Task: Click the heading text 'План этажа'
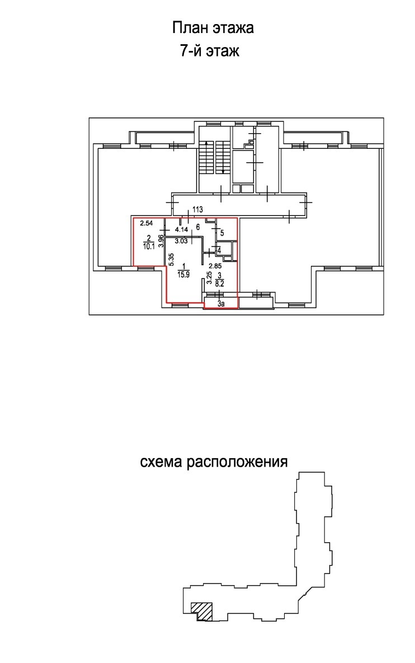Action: point(213,28)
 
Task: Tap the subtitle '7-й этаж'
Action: point(210,51)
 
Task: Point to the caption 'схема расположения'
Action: point(214,462)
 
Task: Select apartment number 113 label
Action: point(198,209)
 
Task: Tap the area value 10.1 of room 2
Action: point(149,247)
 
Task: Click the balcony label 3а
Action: point(221,304)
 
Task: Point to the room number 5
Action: point(222,233)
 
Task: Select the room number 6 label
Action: point(198,227)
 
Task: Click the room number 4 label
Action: point(219,250)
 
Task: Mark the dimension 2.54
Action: point(146,223)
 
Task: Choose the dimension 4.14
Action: point(181,230)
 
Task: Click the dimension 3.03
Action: point(181,242)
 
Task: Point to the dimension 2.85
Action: point(215,266)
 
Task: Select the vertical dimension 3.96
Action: point(161,241)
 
